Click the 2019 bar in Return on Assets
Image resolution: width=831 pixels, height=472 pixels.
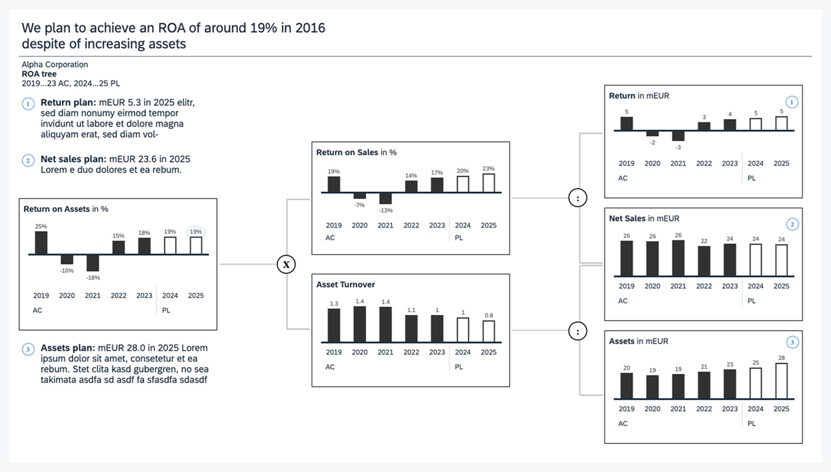(x=41, y=242)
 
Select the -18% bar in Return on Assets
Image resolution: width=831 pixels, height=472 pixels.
(x=93, y=263)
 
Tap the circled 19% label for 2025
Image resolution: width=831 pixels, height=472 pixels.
(x=196, y=232)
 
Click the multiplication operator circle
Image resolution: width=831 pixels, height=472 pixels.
(x=286, y=264)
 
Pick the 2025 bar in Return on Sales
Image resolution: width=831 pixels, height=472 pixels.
(x=489, y=183)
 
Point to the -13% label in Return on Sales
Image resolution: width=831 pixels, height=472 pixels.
(x=385, y=210)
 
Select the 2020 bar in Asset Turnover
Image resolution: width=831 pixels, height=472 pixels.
(x=359, y=324)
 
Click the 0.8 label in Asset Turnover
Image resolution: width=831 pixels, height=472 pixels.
(x=489, y=315)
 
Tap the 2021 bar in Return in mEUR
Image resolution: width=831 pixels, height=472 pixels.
(x=678, y=136)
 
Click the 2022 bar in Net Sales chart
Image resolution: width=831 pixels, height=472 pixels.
(x=704, y=261)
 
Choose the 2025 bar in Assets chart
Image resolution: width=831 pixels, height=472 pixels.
(x=781, y=381)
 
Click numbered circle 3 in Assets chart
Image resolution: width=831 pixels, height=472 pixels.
(x=793, y=342)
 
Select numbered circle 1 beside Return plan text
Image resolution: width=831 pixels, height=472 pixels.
(x=28, y=104)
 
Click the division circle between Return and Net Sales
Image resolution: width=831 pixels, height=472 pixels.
(x=578, y=198)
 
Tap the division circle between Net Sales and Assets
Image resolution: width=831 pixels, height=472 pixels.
(x=578, y=332)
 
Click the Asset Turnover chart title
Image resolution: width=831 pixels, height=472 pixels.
(x=345, y=284)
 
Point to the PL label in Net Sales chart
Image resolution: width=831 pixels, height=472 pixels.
(x=751, y=301)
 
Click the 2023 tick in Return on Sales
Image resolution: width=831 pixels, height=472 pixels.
(x=437, y=225)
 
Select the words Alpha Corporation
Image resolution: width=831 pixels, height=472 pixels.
(x=55, y=64)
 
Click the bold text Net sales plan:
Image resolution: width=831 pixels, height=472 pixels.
(x=74, y=159)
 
